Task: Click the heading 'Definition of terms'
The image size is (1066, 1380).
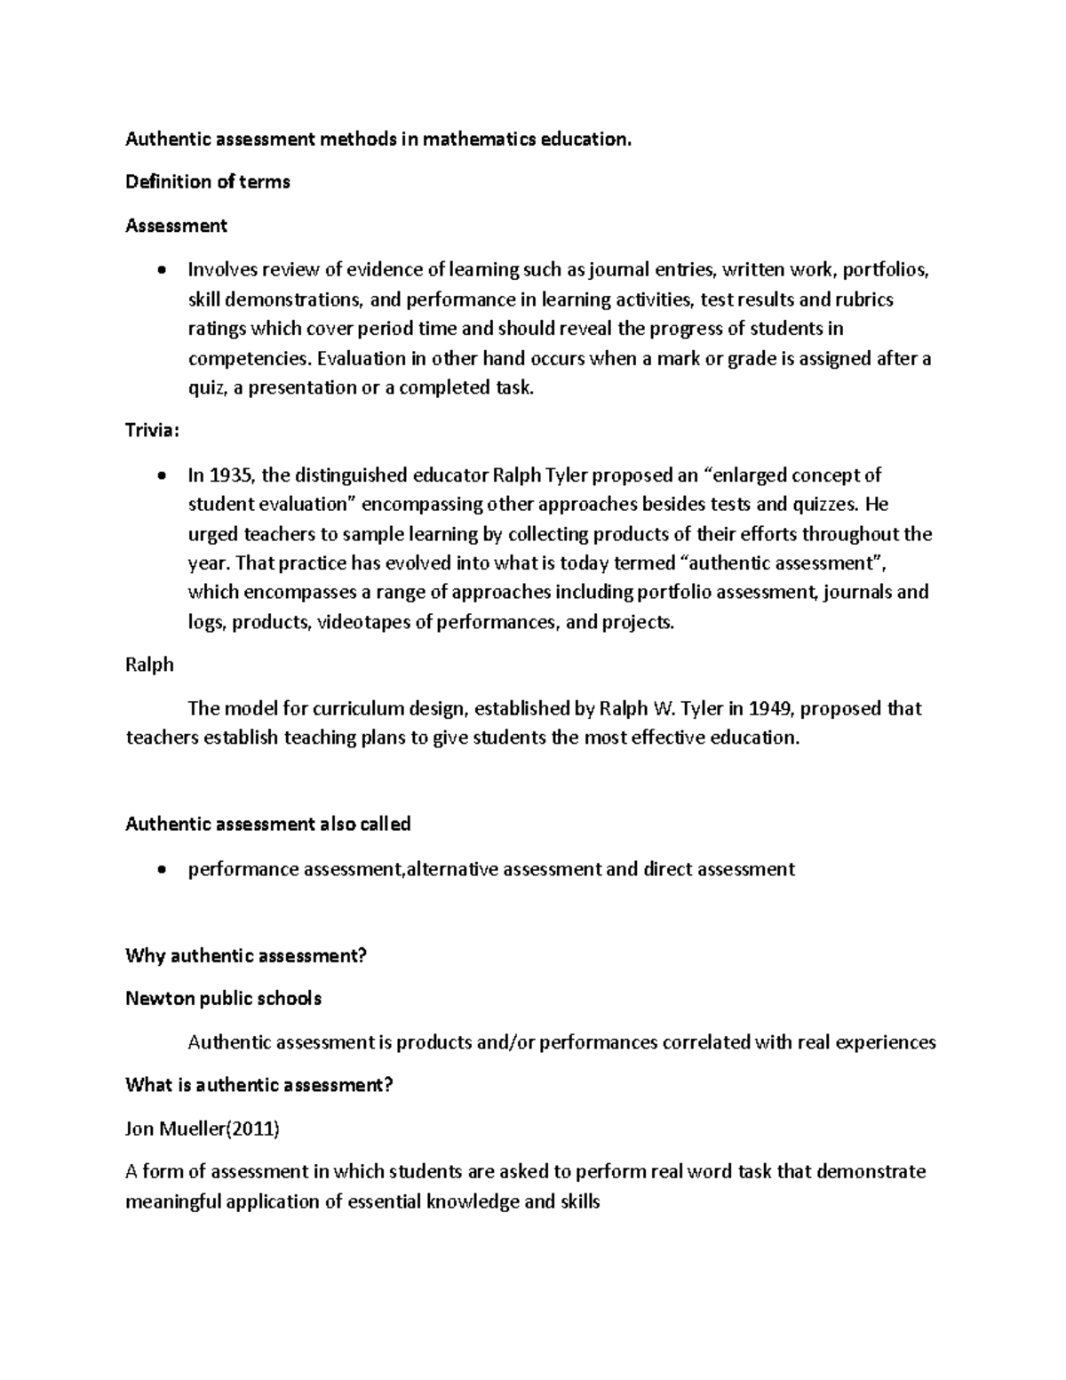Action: click(208, 182)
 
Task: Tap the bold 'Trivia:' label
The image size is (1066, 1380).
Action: click(153, 430)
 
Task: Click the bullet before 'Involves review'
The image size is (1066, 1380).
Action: click(161, 271)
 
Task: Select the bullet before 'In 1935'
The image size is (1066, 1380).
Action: click(161, 475)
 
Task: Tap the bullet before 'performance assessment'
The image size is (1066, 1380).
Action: click(161, 870)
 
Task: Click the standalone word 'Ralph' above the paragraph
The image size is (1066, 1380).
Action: click(149, 665)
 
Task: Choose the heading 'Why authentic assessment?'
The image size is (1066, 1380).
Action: click(246, 956)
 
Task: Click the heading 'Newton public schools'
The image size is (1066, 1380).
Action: click(223, 999)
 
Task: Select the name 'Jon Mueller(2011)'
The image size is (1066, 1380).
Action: click(203, 1129)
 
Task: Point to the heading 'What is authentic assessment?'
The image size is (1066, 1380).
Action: click(259, 1085)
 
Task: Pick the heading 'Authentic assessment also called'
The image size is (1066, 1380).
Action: click(267, 824)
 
